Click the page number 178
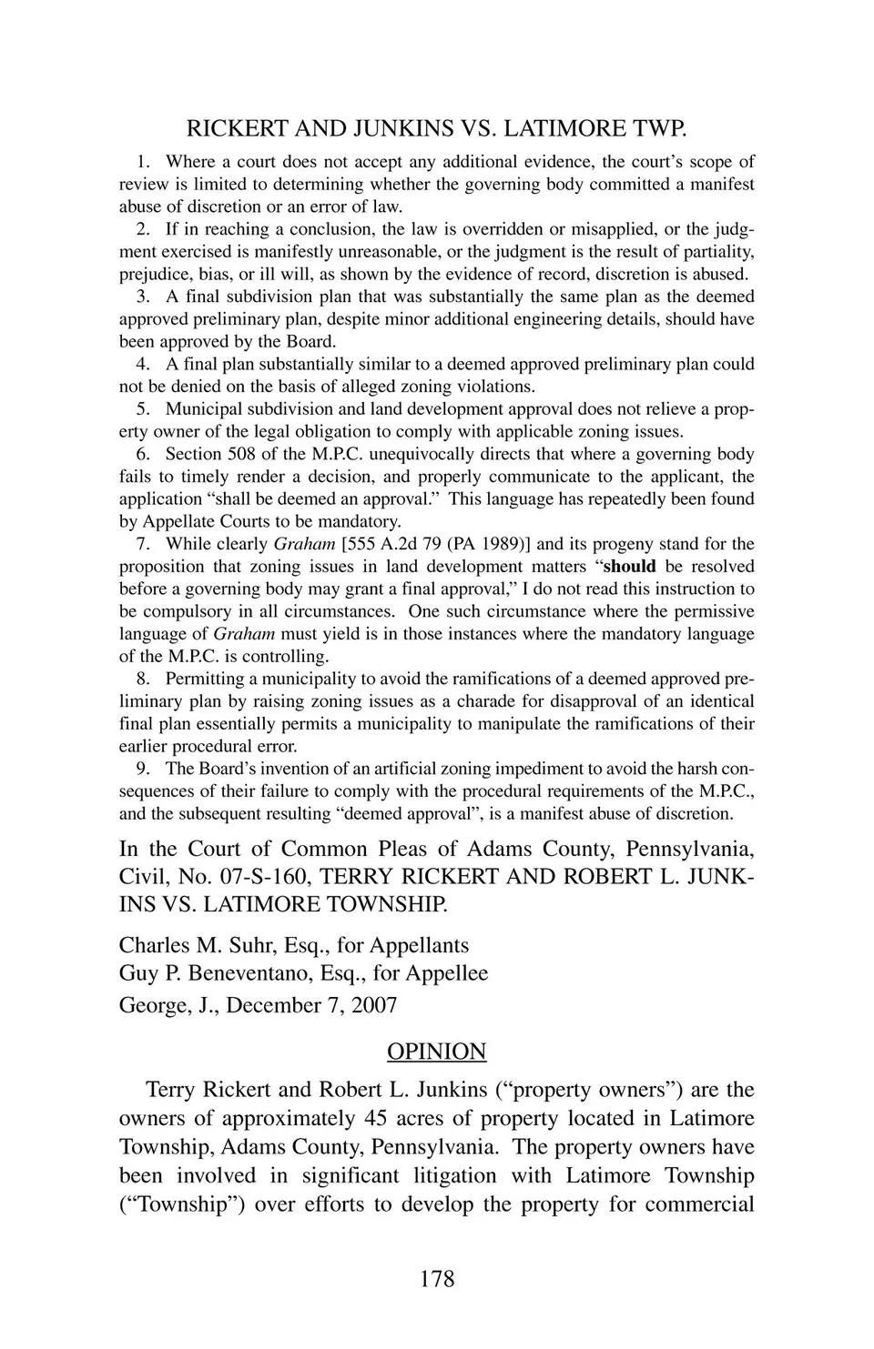click(437, 1279)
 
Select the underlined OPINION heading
click(437, 1052)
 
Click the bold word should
click(630, 567)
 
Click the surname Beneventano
click(247, 973)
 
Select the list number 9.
click(143, 769)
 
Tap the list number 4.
click(143, 364)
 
